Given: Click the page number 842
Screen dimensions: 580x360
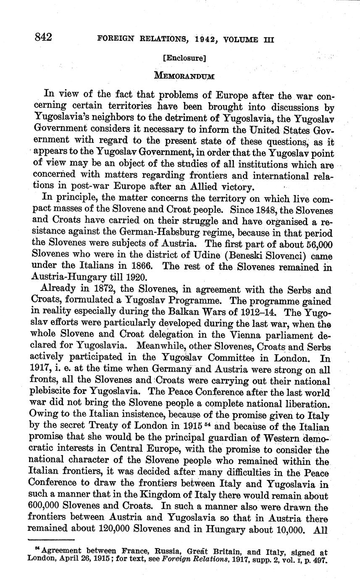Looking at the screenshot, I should (43, 38).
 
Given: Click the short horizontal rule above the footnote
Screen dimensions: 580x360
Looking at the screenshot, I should (50, 540).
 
